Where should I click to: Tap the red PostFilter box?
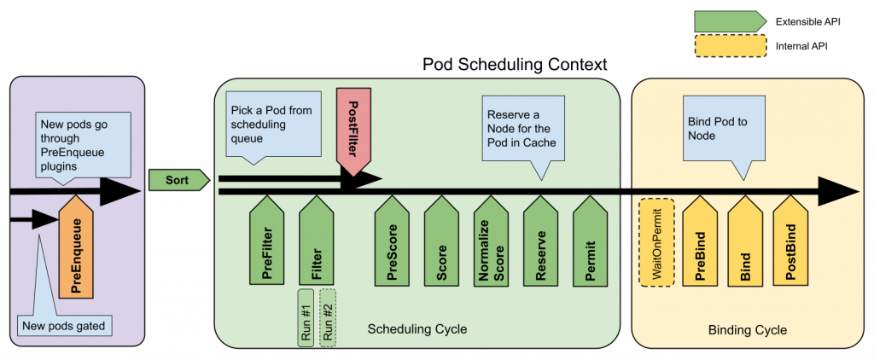353,126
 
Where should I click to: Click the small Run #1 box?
306,318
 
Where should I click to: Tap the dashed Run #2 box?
327,318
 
